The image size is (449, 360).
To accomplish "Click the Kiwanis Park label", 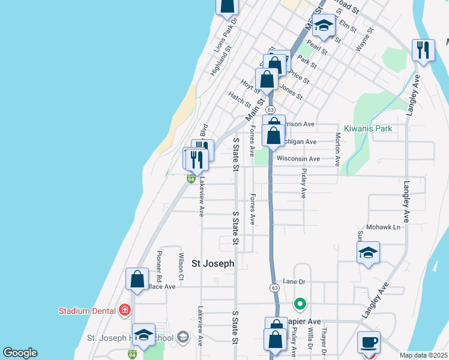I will pyautogui.click(x=368, y=128).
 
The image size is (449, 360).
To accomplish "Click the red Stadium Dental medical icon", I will pyautogui.click(x=124, y=310).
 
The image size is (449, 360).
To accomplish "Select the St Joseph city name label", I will pyautogui.click(x=212, y=263).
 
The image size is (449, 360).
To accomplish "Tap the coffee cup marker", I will pyautogui.click(x=369, y=343).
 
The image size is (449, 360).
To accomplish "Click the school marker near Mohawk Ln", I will pyautogui.click(x=368, y=253).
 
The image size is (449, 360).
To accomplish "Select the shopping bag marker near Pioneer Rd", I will pyautogui.click(x=137, y=279).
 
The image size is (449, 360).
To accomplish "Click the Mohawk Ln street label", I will pyautogui.click(x=388, y=227).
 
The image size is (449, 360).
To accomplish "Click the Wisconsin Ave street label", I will pyautogui.click(x=298, y=159).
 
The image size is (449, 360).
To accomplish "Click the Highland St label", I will pyautogui.click(x=220, y=64).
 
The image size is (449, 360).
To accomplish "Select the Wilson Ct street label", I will pyautogui.click(x=181, y=266).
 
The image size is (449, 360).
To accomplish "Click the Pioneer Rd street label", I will pyautogui.click(x=159, y=266).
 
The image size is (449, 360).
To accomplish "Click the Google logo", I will pyautogui.click(x=20, y=353).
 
